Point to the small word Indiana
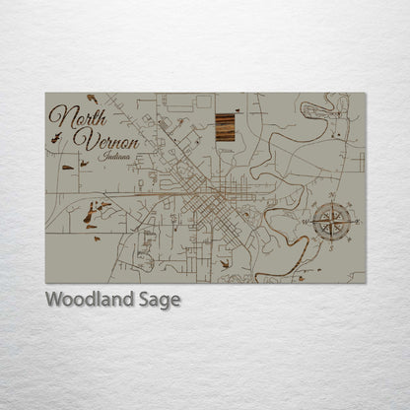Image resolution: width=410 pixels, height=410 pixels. (116, 156)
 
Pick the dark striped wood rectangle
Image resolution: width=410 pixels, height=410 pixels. (225, 128)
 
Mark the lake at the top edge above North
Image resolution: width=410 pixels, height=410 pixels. (92, 97)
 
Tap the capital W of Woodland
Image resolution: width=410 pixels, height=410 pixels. (55, 300)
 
